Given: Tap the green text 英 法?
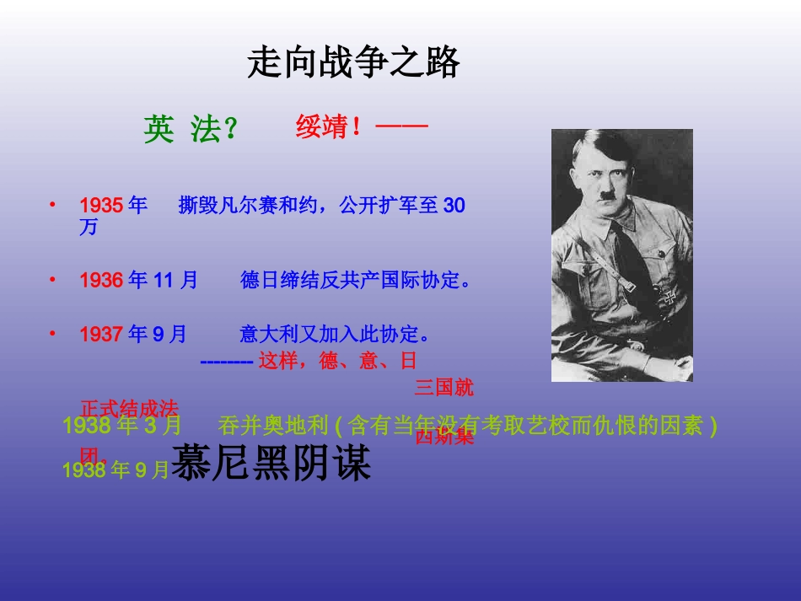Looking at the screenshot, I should [191, 130].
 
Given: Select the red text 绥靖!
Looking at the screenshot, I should [329, 128].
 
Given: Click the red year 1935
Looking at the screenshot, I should [101, 206].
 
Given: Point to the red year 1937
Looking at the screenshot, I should [101, 335].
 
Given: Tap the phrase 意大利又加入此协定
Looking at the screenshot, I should [330, 335].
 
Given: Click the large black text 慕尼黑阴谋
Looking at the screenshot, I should [271, 463].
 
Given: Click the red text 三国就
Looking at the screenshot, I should [444, 388].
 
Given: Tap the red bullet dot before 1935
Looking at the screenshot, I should [51, 204].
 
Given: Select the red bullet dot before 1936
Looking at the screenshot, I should [51, 278].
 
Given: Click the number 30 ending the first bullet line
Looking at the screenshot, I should [454, 206].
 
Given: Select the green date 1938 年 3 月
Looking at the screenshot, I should [121, 426].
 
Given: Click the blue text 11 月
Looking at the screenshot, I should [175, 280].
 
